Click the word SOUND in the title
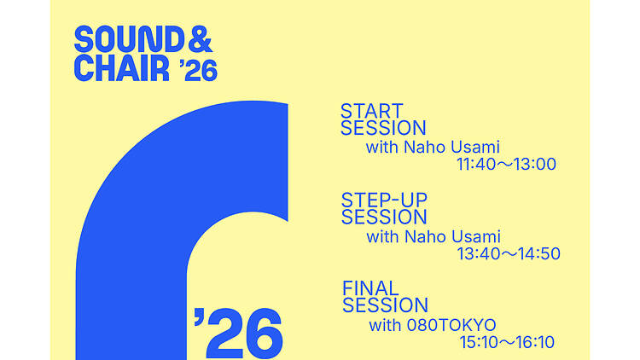126,39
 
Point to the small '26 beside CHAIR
199,71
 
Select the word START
371,112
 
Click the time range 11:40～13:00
507,164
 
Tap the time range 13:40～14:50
509,253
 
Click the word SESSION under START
383,129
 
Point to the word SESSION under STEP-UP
384,218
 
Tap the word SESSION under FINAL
385,305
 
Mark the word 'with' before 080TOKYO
384,324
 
